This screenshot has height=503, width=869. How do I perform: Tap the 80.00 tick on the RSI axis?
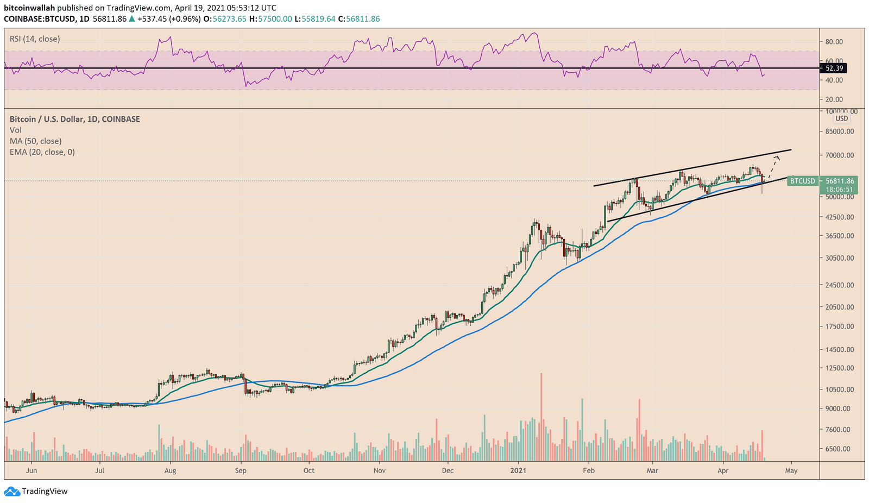[834, 42]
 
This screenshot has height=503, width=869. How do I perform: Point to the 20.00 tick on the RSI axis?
[834, 99]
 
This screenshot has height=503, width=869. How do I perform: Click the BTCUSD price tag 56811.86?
[839, 181]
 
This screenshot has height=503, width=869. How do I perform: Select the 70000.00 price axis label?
[839, 155]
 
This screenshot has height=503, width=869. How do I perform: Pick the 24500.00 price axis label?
[839, 285]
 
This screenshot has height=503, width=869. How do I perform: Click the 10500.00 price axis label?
[839, 389]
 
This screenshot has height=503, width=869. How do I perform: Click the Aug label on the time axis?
[170, 470]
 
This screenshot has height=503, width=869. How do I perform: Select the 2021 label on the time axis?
[519, 470]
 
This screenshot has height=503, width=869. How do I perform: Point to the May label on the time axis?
[791, 470]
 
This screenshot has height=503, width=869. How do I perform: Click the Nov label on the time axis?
[380, 470]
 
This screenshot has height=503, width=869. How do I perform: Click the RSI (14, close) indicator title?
[35, 39]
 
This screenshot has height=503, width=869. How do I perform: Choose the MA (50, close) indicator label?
[35, 141]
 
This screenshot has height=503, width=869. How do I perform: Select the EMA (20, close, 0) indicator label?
[42, 152]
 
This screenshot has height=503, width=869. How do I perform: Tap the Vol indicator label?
[16, 130]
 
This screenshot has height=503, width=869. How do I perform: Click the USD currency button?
[841, 118]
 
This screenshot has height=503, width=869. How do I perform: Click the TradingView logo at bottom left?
[36, 491]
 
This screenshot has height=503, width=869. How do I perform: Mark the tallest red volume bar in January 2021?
[541, 417]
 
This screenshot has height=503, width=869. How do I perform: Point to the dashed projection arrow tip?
[778, 157]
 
